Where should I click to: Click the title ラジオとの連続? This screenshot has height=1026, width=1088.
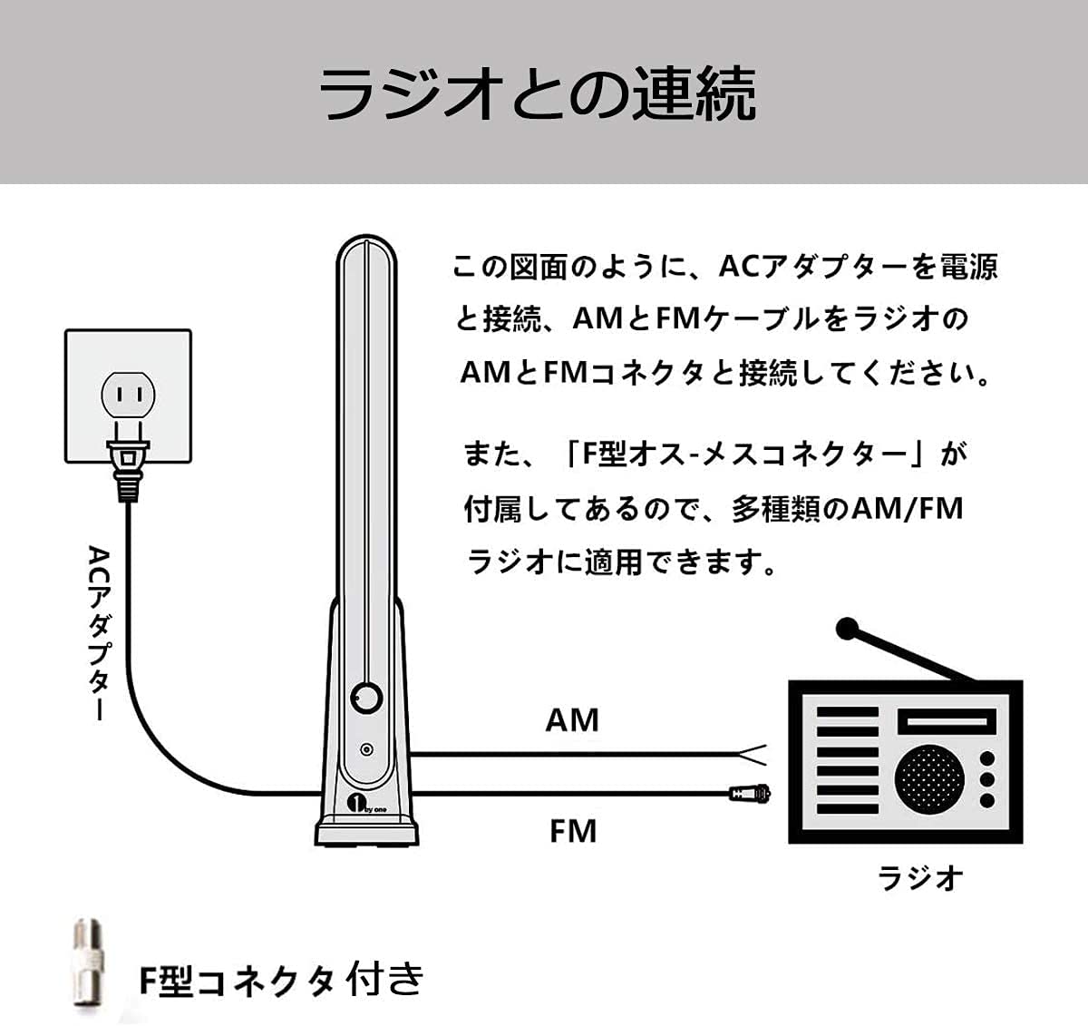pos(538,93)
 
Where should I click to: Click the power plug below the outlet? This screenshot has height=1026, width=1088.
pos(128,464)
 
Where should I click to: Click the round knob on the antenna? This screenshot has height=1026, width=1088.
pos(366,699)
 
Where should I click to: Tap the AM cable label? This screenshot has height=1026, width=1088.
pos(572,720)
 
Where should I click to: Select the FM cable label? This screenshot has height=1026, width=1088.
pos(573,830)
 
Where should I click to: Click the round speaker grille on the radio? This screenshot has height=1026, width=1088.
pos(927,777)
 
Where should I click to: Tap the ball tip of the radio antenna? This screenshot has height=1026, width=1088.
pos(848,628)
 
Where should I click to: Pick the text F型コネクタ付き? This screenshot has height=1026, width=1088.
pos(281,979)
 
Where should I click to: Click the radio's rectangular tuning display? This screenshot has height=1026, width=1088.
pos(946,722)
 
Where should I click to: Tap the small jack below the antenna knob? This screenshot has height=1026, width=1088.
pos(365,750)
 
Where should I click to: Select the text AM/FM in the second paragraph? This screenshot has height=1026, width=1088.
pos(908,508)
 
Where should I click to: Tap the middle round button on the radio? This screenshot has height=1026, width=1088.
pos(987,779)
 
